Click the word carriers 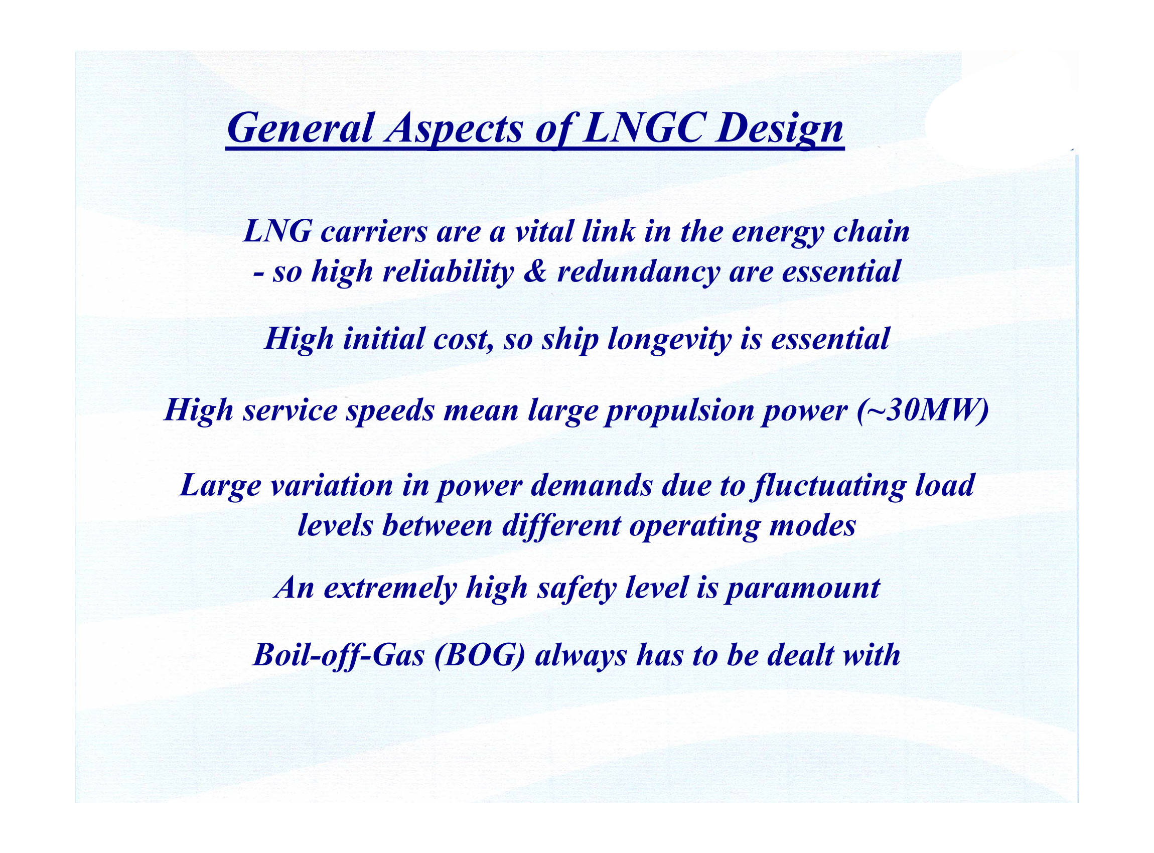coord(374,232)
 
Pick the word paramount coord(802,589)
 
